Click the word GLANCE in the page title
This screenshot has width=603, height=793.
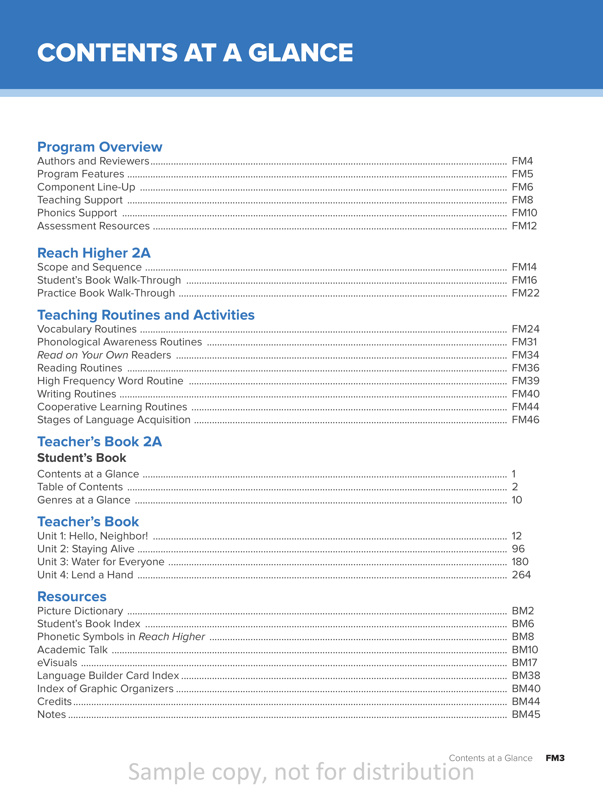[x=300, y=53]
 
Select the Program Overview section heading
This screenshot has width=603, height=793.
[x=100, y=147]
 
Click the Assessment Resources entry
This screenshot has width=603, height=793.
[x=93, y=226]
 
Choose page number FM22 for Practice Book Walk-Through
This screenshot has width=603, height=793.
[x=525, y=293]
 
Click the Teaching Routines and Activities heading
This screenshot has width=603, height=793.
[x=146, y=315]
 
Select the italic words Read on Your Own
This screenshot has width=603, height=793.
[x=83, y=355]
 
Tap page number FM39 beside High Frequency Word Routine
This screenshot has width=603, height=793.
[x=525, y=381]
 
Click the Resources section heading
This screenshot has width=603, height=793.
[x=72, y=597]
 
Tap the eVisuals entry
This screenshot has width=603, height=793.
[x=57, y=663]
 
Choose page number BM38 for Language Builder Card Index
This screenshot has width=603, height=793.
[x=525, y=676]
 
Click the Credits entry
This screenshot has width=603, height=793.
[x=54, y=701]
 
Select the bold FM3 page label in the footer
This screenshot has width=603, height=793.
[x=555, y=758]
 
